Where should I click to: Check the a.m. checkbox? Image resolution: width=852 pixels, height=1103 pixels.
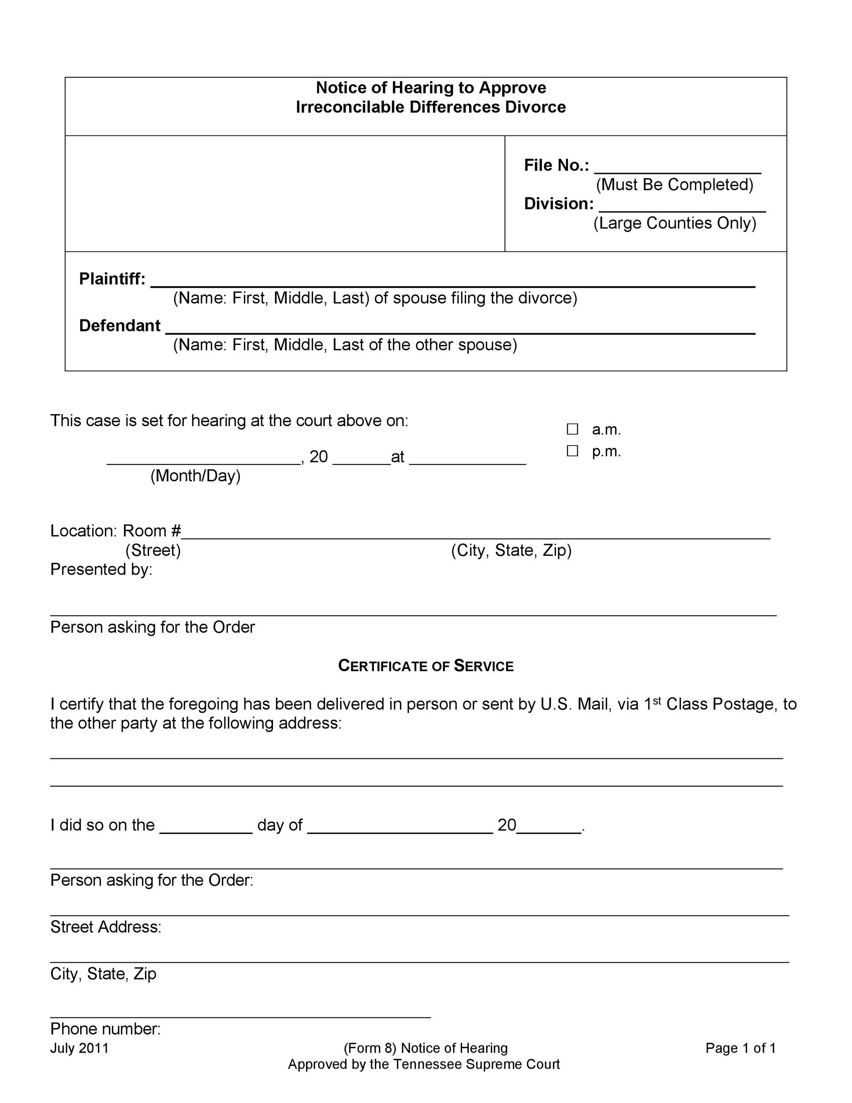pyautogui.click(x=572, y=429)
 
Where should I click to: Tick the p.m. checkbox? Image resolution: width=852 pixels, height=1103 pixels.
pyautogui.click(x=572, y=451)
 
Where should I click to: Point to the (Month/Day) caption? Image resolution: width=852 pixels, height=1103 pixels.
pyautogui.click(x=195, y=476)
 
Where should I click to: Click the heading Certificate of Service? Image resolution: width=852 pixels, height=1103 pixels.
pyautogui.click(x=426, y=666)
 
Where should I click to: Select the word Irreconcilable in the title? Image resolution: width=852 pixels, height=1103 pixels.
pyautogui.click(x=350, y=107)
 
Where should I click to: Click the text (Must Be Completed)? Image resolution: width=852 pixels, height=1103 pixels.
pyautogui.click(x=674, y=185)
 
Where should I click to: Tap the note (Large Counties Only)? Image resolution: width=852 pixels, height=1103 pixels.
pyautogui.click(x=674, y=223)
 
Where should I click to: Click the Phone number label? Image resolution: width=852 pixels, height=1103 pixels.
pyautogui.click(x=105, y=1029)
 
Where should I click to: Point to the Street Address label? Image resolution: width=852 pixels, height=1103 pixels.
pyautogui.click(x=105, y=927)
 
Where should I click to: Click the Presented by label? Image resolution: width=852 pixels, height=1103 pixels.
pyautogui.click(x=101, y=569)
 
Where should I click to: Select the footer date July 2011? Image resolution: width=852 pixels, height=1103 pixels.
pyautogui.click(x=79, y=1048)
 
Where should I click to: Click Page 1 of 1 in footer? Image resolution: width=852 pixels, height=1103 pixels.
pyautogui.click(x=740, y=1048)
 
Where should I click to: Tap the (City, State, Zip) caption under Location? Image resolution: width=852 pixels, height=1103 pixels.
pyautogui.click(x=511, y=550)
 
